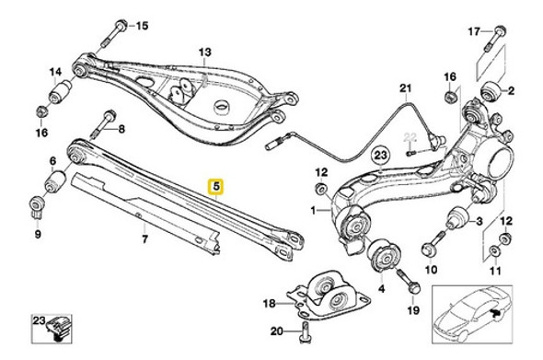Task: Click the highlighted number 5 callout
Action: [x=216, y=185]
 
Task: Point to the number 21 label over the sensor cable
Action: [x=402, y=88]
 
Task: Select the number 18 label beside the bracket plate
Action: [x=268, y=303]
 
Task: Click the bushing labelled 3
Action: [x=455, y=220]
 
